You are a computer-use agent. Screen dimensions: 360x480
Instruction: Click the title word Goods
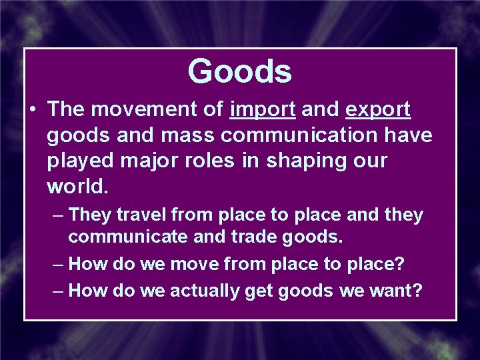(239, 71)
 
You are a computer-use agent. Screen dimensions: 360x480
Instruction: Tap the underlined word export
(378, 109)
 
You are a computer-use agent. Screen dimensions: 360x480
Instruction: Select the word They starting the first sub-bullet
(87, 215)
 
